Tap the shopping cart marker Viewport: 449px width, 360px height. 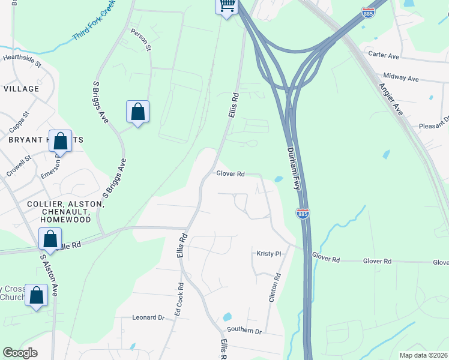pos(226,6)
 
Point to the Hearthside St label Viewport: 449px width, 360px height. pos(22,61)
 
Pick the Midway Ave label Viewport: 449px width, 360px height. pos(401,79)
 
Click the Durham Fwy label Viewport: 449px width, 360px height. pos(293,169)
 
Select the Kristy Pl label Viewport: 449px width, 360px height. pos(269,254)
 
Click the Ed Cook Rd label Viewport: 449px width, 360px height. pos(178,299)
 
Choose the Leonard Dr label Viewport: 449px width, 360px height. pos(148,317)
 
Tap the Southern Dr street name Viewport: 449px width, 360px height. pos(244,331)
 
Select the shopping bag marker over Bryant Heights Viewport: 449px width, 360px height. pos(61,142)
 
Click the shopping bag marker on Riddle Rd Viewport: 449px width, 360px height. pos(50,239)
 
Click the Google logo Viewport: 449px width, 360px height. pos(20,353)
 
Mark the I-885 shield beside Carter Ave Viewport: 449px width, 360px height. pos(367,12)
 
